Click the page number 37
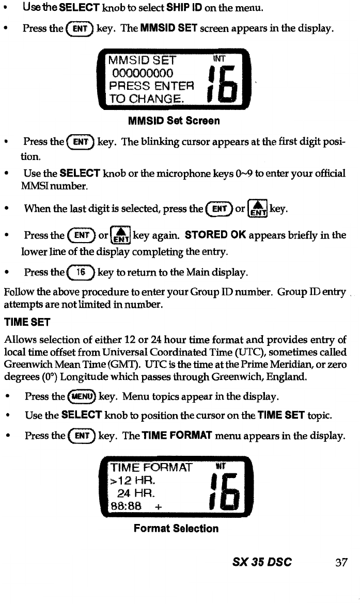click(340, 562)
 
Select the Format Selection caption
click(176, 528)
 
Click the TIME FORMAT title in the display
click(150, 469)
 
